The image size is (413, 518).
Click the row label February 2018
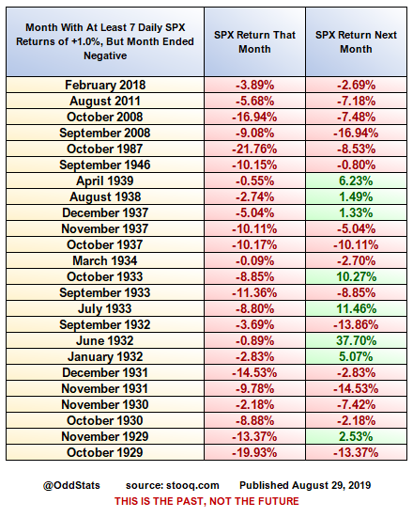106,85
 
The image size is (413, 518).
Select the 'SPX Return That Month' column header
255,41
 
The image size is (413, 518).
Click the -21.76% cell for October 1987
255,149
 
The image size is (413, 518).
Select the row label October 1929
106,453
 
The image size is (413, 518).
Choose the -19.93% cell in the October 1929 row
255,453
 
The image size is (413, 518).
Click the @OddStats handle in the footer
72,484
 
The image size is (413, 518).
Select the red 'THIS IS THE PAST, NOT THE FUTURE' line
206,502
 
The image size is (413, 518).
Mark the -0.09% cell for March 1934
255,260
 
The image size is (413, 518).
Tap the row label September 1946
106,165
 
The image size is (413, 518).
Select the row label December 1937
106,212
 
